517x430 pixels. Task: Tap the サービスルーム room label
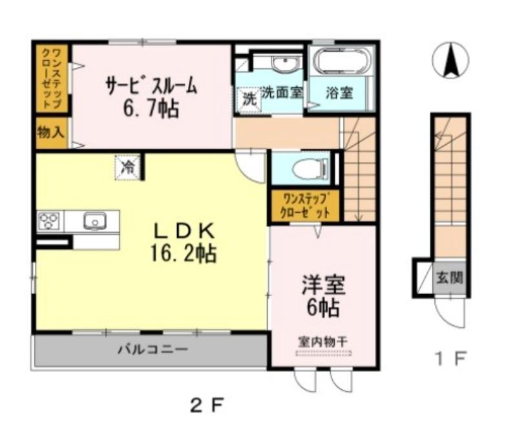pos(151,86)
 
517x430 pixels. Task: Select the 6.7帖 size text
pos(151,108)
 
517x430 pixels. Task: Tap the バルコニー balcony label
pos(153,350)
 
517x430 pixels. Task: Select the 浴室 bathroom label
pos(340,92)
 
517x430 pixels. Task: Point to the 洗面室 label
pos(282,92)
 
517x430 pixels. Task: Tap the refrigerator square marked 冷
pos(128,166)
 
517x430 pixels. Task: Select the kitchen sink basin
pos(94,222)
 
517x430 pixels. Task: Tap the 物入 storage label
pos(51,133)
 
